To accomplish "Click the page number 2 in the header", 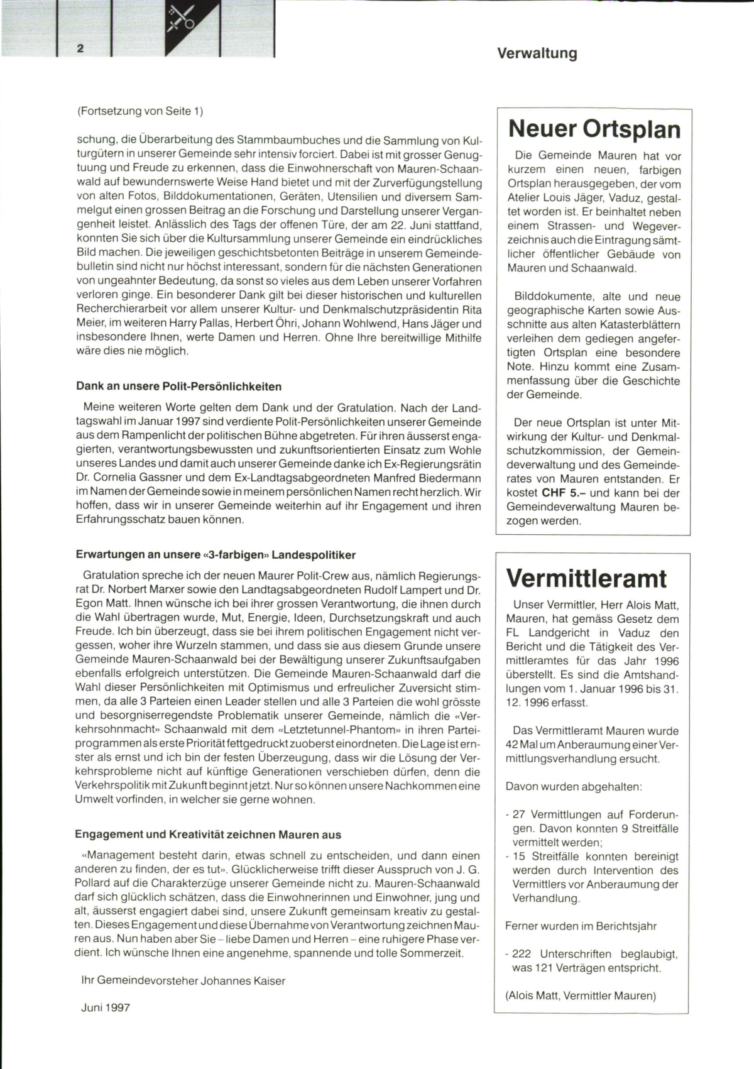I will pyautogui.click(x=80, y=48).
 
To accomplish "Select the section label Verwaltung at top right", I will pyautogui.click(x=537, y=53).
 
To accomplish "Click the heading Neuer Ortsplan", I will pyautogui.click(x=594, y=129).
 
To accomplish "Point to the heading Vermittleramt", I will pyautogui.click(x=586, y=578).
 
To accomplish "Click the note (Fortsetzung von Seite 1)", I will pyautogui.click(x=140, y=111).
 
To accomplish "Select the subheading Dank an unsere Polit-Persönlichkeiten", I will pyautogui.click(x=178, y=386).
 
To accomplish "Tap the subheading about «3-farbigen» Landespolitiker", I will pyautogui.click(x=216, y=555).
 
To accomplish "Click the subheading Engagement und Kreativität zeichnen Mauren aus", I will pyautogui.click(x=208, y=835).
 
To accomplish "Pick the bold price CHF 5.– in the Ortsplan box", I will pyautogui.click(x=564, y=493).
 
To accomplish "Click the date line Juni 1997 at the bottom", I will pyautogui.click(x=106, y=1007).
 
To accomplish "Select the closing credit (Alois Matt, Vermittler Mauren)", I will pyautogui.click(x=581, y=995).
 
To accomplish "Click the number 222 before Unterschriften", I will pyautogui.click(x=523, y=954).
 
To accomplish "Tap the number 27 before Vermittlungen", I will pyautogui.click(x=520, y=814).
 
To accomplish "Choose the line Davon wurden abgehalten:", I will pyautogui.click(x=573, y=786).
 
